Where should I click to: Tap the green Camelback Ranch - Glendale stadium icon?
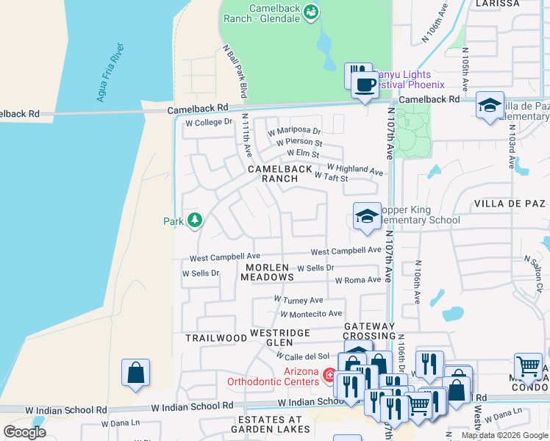(x=311, y=12)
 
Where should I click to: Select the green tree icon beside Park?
(x=195, y=220)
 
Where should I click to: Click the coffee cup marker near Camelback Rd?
(x=364, y=85)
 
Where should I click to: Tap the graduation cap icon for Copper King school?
(x=366, y=216)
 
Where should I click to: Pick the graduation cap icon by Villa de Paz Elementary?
(x=490, y=105)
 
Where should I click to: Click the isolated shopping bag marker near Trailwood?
(x=136, y=373)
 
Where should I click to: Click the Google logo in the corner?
(x=24, y=431)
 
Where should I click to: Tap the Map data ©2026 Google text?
(x=504, y=435)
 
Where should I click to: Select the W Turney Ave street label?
(x=299, y=300)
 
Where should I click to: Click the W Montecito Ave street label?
(x=310, y=314)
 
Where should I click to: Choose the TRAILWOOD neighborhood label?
(x=216, y=338)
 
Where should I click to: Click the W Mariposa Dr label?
(x=294, y=131)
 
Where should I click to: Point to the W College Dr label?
(x=208, y=122)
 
